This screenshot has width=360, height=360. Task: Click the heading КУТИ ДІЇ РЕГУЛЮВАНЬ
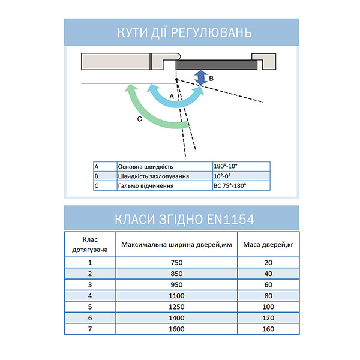tap(181, 32)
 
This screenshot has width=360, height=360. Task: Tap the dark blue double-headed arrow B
tap(202, 77)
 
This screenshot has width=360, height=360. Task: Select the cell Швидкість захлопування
tap(154, 176)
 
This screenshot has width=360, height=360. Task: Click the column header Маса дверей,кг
tap(268, 244)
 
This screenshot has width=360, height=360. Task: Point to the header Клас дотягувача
tap(90, 244)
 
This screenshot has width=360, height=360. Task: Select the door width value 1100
tap(176, 295)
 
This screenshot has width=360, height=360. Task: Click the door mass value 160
tap(268, 329)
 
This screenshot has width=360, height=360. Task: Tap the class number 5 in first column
tap(90, 307)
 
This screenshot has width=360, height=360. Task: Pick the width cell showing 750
tap(176, 262)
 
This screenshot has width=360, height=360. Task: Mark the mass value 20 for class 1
tap(268, 262)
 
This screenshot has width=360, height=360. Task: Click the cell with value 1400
tap(176, 318)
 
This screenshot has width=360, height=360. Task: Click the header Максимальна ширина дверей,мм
tap(176, 244)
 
